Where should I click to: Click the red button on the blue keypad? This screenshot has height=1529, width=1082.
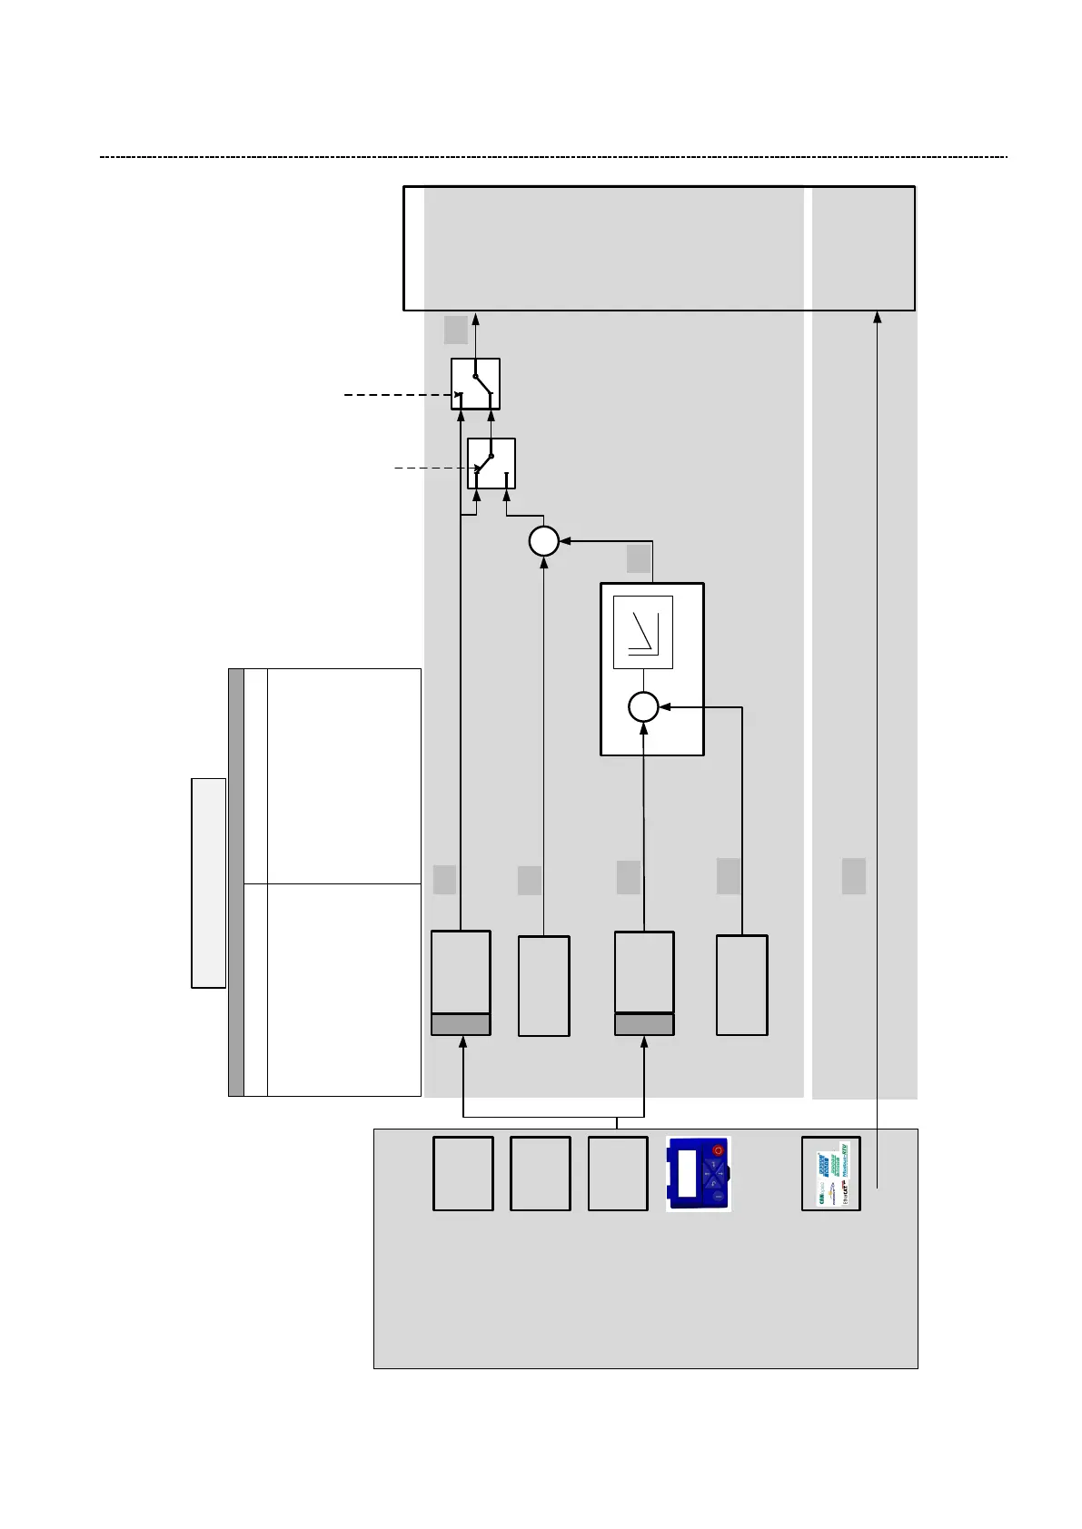point(717,1150)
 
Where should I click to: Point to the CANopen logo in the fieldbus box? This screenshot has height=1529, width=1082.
point(819,1164)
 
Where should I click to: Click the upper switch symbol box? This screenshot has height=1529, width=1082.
point(475,383)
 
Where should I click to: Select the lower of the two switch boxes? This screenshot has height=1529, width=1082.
point(491,463)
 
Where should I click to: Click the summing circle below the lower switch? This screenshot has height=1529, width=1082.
point(543,541)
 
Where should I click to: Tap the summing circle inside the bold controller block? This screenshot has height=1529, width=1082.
point(643,705)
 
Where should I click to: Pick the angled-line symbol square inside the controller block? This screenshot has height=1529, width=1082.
point(643,633)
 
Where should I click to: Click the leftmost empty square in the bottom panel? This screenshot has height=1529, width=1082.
point(463,1173)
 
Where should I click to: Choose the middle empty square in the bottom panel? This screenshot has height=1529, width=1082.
point(541,1173)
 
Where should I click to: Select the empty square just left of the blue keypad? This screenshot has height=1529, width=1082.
point(618,1173)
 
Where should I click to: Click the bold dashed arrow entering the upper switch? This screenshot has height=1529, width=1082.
point(400,395)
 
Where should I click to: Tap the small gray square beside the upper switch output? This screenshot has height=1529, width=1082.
point(455,329)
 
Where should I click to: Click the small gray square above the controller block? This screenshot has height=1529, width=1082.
point(639,559)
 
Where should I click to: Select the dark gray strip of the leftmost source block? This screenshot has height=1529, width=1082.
point(461,1025)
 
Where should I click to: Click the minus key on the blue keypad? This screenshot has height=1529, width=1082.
point(718,1198)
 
